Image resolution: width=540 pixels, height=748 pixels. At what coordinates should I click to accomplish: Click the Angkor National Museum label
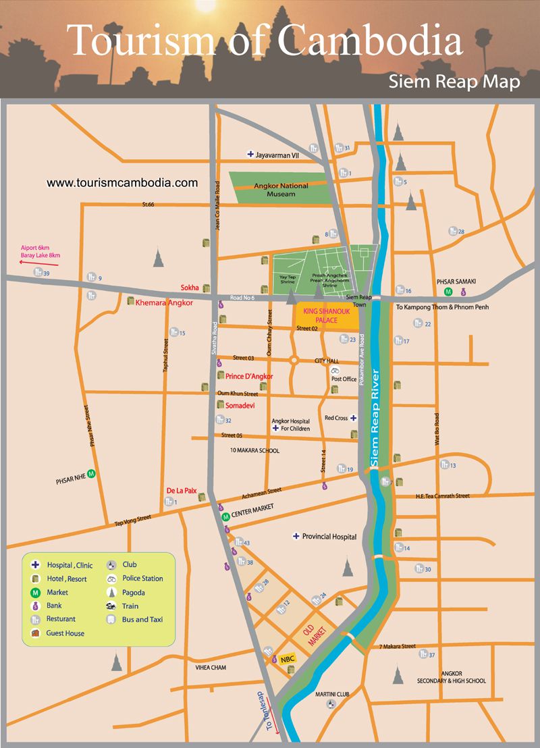(281, 190)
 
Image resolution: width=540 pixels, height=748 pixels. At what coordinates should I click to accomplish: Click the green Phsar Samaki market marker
(448, 292)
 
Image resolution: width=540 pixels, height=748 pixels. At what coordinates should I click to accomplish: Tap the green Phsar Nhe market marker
(91, 474)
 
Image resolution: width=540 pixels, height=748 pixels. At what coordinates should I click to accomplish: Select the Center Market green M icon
(226, 516)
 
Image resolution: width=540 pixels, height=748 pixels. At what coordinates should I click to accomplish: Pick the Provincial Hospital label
(329, 537)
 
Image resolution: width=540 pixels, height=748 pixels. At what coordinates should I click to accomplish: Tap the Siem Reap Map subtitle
(454, 82)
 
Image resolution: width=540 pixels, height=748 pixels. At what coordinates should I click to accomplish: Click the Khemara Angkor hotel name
(165, 303)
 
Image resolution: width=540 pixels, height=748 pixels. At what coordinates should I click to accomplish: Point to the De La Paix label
(180, 491)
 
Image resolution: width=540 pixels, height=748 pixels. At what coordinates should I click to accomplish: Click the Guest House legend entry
(65, 633)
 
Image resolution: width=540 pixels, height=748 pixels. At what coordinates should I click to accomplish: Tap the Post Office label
(344, 379)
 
